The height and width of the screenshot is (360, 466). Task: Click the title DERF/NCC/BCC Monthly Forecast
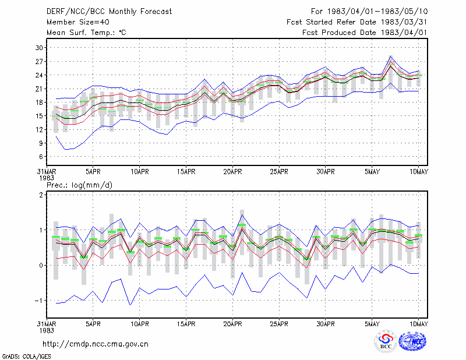[109, 12]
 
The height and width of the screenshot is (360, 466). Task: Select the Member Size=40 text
[78, 22]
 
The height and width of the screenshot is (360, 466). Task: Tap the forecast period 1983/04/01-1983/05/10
[377, 12]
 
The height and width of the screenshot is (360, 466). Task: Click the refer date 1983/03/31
[404, 22]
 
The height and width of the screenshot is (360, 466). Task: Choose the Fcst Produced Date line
[365, 33]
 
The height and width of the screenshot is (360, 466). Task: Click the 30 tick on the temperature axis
[40, 48]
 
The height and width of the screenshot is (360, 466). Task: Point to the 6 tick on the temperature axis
[41, 157]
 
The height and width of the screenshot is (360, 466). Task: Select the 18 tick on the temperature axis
[40, 103]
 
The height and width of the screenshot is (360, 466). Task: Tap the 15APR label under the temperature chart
[186, 172]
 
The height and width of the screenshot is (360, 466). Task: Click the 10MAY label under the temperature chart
[419, 172]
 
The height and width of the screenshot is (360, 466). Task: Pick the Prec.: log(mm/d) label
[79, 185]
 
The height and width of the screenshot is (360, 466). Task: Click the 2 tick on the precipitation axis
[41, 195]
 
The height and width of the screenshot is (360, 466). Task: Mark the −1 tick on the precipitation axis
[39, 301]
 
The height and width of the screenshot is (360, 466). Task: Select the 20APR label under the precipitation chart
[232, 324]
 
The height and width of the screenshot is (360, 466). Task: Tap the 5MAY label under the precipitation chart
[372, 324]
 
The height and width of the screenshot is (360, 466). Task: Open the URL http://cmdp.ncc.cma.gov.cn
[96, 344]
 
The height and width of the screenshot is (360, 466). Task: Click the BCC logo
[386, 341]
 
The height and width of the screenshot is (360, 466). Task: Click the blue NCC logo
[412, 341]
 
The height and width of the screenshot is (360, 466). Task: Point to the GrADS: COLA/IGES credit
[26, 357]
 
